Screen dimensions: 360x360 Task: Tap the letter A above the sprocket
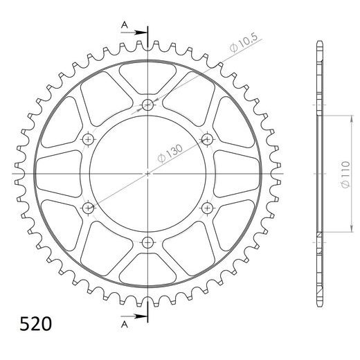click(125, 25)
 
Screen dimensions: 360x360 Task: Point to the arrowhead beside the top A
click(142, 33)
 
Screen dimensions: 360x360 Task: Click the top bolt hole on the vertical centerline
click(148, 105)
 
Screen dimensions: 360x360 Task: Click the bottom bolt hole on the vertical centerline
click(148, 242)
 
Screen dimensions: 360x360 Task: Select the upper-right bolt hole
click(207, 140)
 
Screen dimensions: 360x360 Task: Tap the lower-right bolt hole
click(207, 207)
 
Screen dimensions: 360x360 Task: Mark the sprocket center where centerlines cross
click(148, 173)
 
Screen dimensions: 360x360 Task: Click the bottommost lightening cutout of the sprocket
click(148, 271)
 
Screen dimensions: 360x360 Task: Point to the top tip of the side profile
click(319, 43)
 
